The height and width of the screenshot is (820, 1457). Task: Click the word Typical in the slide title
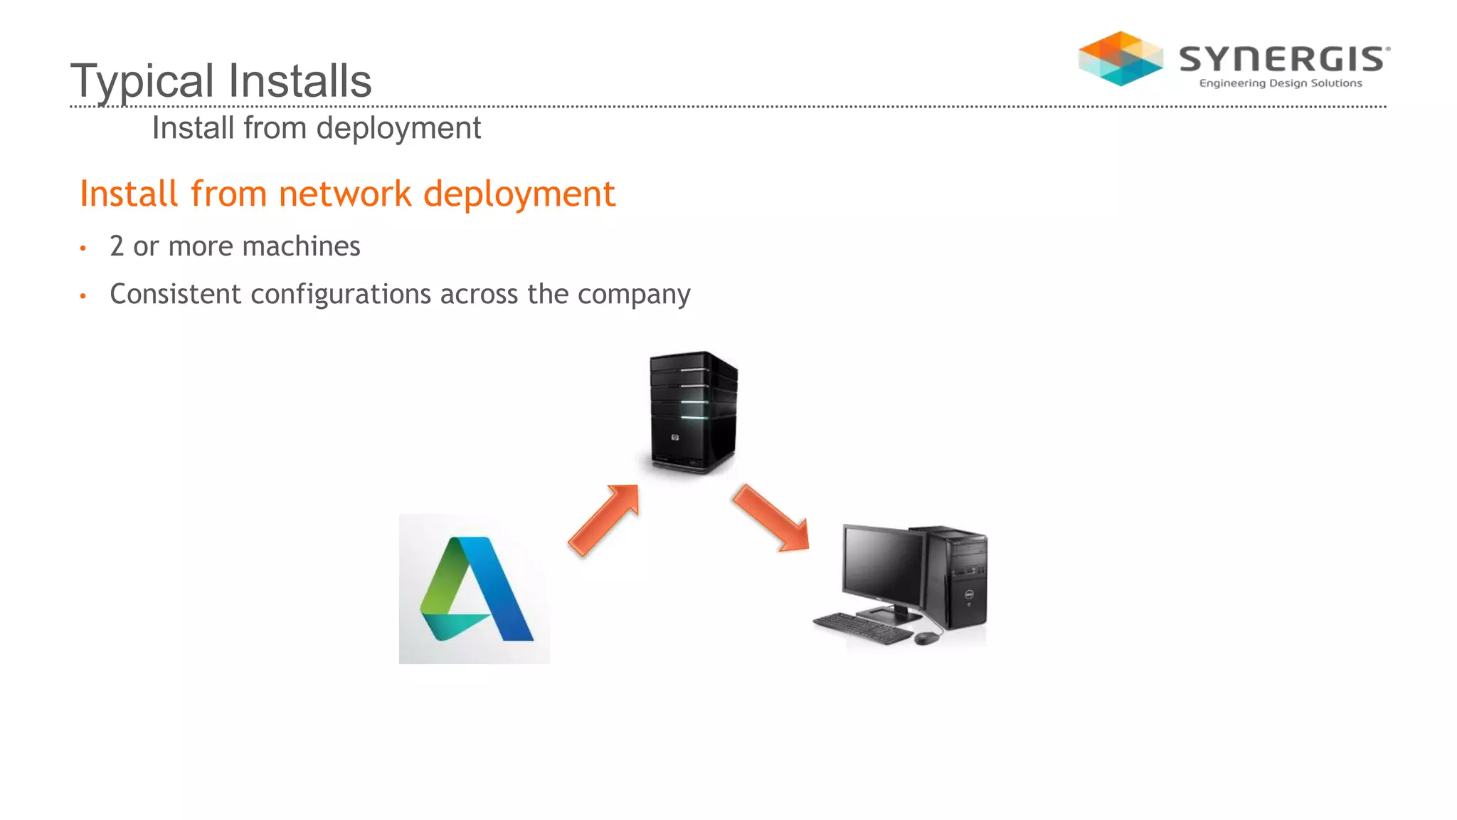[142, 81]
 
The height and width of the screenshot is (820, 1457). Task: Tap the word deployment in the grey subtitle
[398, 129]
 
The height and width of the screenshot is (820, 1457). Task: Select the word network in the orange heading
[345, 194]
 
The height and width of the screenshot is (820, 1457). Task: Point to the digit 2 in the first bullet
[117, 246]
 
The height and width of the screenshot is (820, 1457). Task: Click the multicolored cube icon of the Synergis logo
[1120, 58]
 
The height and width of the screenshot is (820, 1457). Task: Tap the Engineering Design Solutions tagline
[1281, 83]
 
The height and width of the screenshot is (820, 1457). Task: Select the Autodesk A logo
[475, 589]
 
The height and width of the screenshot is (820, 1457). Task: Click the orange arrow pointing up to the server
[605, 520]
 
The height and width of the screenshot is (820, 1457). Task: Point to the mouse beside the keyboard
[925, 638]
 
